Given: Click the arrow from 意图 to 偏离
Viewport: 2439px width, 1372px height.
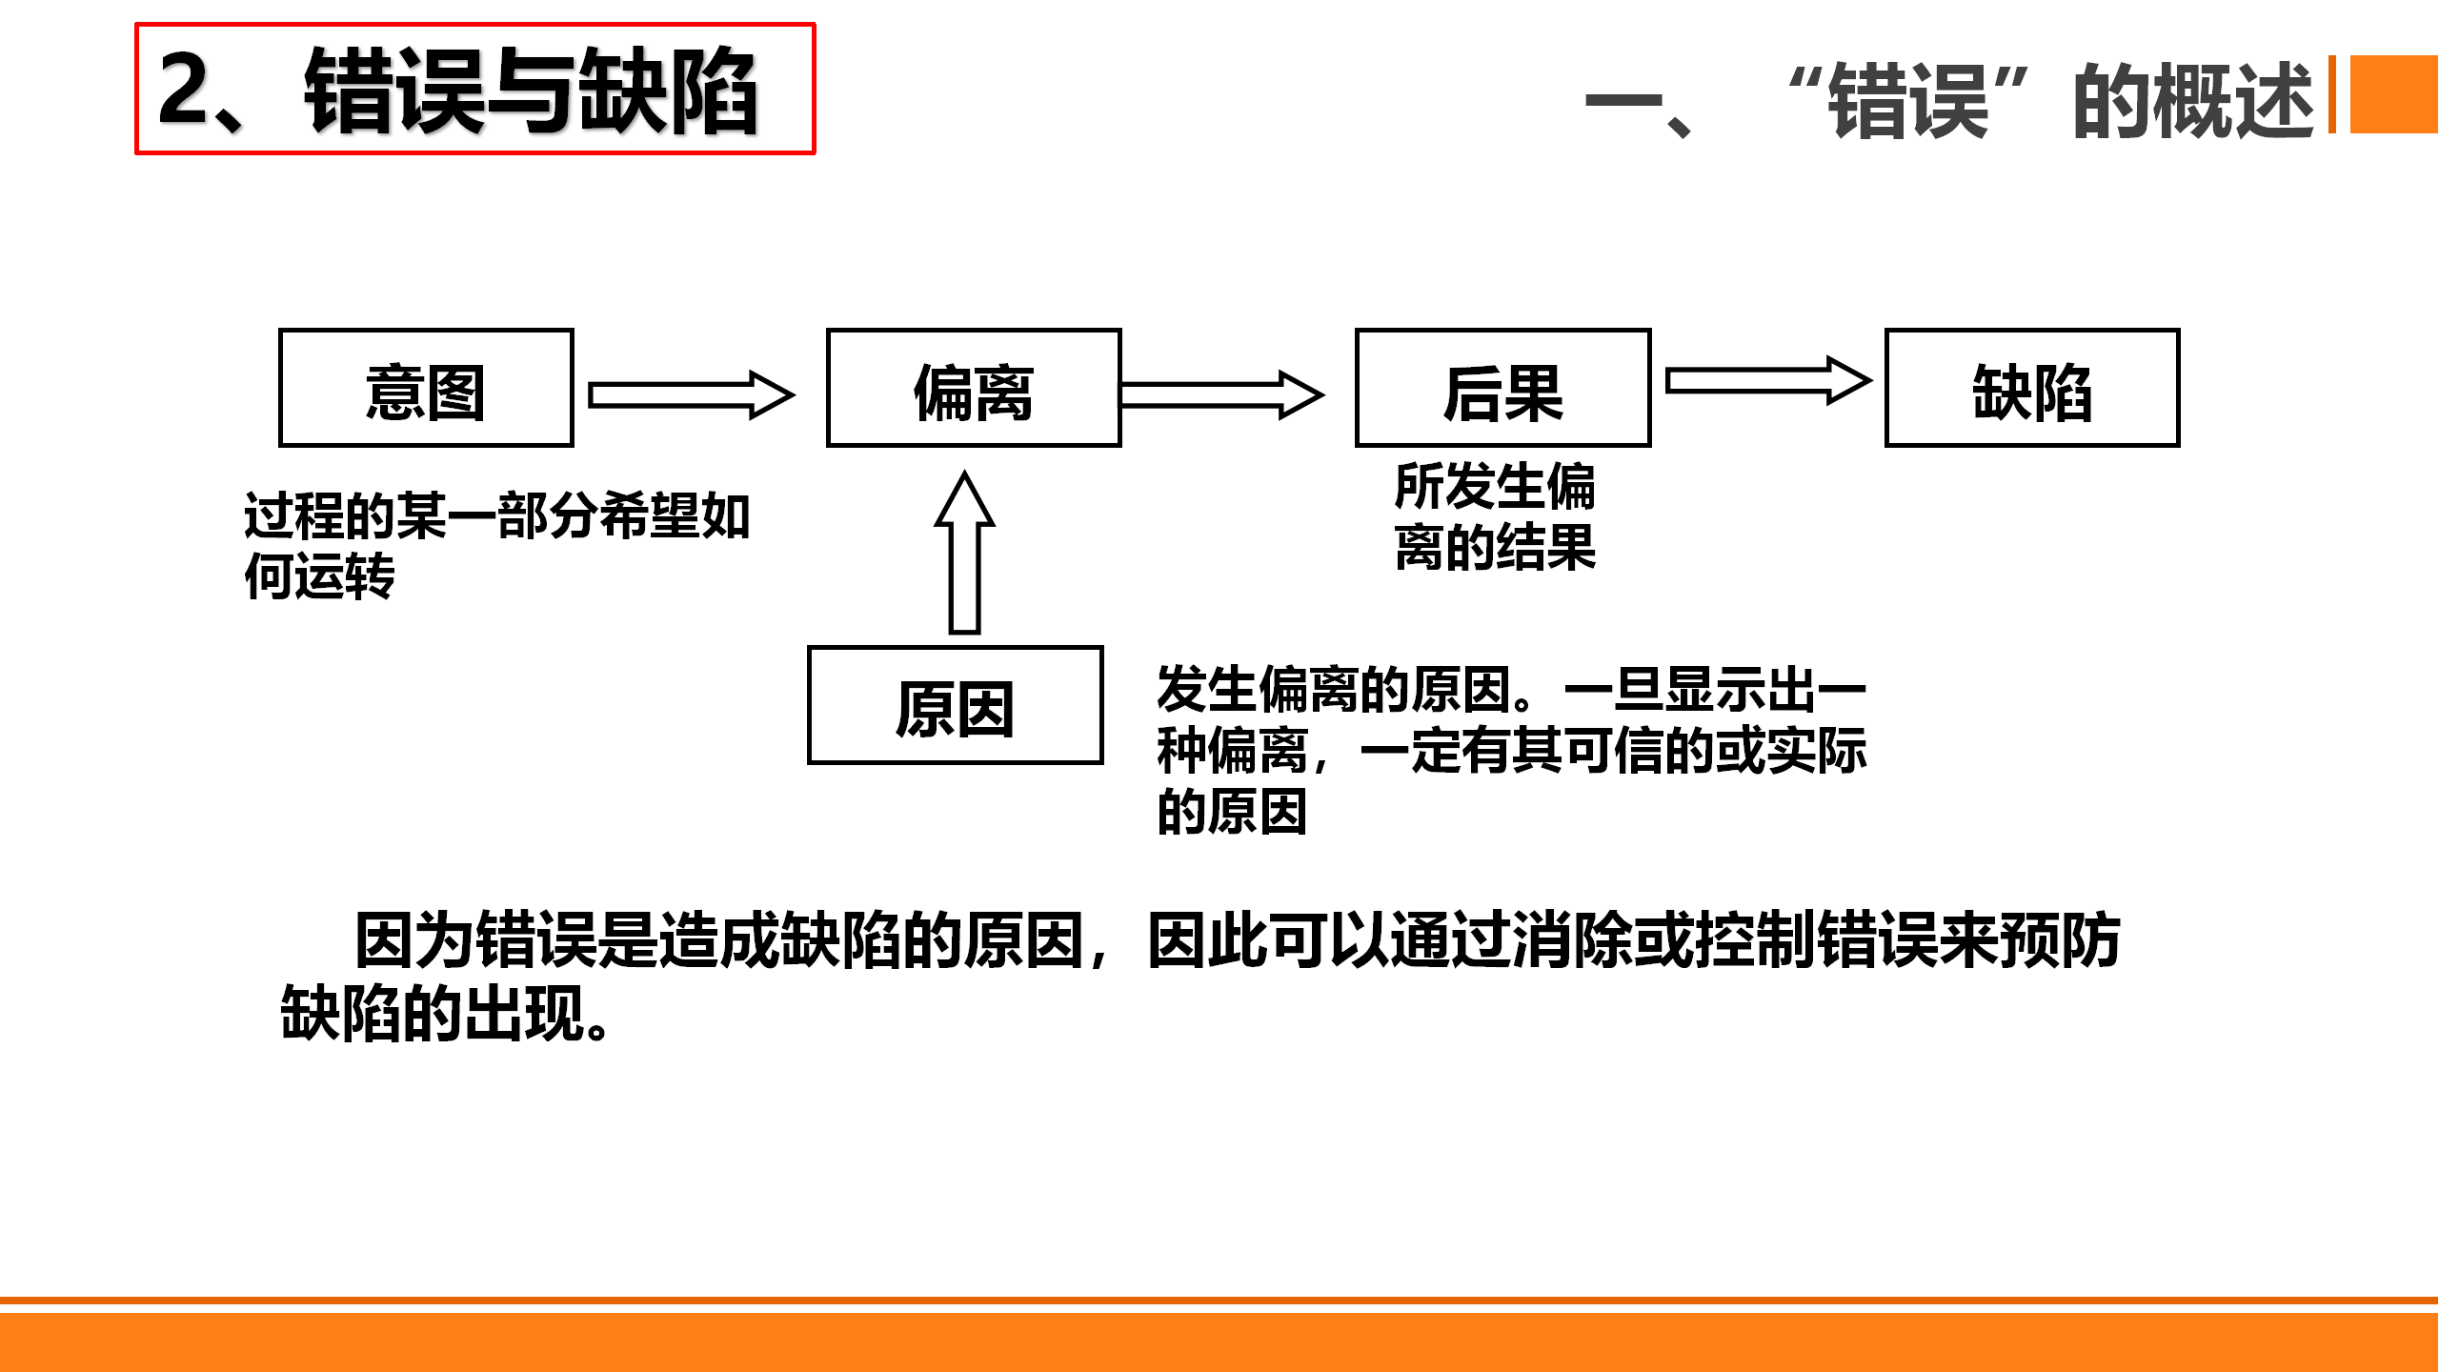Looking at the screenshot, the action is (692, 394).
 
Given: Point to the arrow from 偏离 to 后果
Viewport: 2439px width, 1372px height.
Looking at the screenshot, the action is (1221, 394).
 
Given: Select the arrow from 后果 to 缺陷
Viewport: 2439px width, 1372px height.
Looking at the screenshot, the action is (1768, 381).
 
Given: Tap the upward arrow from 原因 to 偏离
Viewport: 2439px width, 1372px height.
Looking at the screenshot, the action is (965, 553).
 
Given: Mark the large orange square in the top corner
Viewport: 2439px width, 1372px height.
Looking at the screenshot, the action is (2394, 94).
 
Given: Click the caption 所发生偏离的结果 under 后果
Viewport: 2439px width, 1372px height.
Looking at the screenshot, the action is (1495, 516).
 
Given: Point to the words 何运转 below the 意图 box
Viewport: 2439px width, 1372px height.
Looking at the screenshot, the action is (319, 575).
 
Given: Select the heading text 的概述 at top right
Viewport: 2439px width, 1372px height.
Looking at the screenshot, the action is (2193, 100).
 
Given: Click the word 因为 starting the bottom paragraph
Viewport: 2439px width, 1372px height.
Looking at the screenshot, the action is (414, 940).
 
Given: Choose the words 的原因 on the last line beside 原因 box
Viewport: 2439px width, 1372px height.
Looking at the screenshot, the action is (1232, 811).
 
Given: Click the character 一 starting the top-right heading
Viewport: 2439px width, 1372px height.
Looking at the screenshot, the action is (1623, 100).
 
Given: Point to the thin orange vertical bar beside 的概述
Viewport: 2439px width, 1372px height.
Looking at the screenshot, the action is (2332, 94).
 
